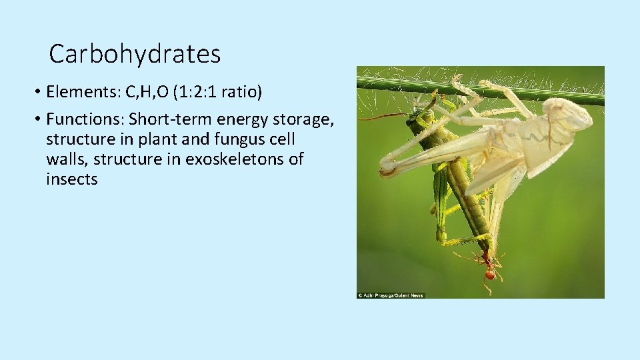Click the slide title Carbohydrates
pos(135,54)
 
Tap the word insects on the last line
pos(72,179)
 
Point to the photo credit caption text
pos(391,295)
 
